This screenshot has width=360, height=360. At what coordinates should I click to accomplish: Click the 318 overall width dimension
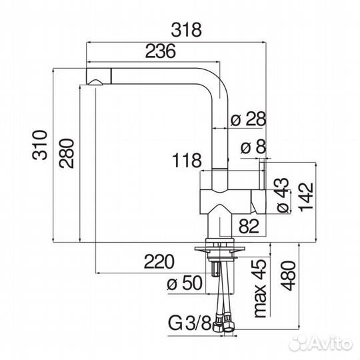[x=186, y=29]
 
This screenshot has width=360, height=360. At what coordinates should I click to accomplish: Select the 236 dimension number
[x=161, y=51]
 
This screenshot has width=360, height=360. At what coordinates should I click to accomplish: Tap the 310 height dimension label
[x=40, y=145]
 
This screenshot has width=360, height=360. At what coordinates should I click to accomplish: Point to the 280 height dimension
[x=67, y=153]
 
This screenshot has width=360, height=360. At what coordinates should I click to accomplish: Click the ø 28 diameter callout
[x=248, y=119]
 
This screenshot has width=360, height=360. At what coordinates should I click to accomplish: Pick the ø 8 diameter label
[x=253, y=147]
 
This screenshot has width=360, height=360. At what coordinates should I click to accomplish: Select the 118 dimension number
[x=187, y=160]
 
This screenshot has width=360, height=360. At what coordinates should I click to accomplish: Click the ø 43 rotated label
[x=283, y=195]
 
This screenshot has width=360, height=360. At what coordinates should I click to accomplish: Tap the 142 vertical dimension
[x=306, y=197]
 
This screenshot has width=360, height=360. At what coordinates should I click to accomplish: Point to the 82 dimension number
[x=249, y=226]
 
